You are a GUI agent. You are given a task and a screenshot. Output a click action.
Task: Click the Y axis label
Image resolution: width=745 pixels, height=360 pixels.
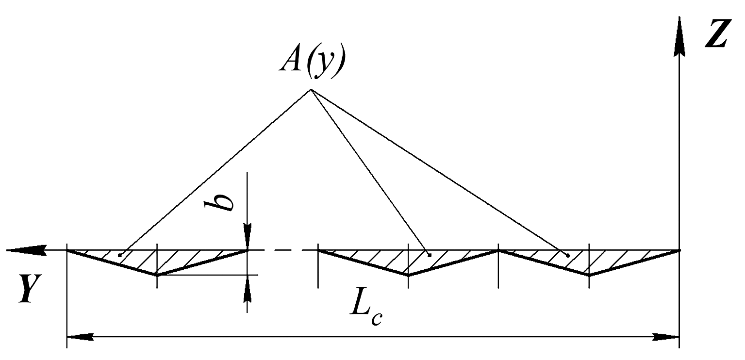click(30, 289)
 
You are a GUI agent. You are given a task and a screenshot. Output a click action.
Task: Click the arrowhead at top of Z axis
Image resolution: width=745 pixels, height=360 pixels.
click(679, 36)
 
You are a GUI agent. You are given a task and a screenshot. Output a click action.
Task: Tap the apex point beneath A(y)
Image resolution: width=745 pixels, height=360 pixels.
click(311, 89)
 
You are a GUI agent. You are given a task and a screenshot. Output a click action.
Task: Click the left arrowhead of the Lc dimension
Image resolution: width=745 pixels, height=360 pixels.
click(80, 337)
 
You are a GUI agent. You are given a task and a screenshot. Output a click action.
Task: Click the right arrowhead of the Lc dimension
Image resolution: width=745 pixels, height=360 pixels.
click(665, 337)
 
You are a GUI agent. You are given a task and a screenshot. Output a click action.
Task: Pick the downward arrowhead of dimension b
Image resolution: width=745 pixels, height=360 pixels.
click(247, 237)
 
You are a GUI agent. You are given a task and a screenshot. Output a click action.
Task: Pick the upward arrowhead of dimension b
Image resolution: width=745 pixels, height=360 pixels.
click(247, 289)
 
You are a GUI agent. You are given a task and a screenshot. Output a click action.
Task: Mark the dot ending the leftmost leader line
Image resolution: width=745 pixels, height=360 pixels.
click(120, 255)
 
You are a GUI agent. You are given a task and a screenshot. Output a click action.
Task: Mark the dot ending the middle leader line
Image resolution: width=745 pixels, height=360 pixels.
click(430, 255)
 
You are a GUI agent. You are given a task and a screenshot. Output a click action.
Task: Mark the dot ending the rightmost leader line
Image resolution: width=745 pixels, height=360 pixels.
click(568, 255)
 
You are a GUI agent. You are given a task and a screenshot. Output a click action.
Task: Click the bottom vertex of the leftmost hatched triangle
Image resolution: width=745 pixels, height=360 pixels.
click(157, 275)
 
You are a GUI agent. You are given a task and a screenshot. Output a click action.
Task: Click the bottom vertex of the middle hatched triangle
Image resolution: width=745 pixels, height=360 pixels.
click(408, 275)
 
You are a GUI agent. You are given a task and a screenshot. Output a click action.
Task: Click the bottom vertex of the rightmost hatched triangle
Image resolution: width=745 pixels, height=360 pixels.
click(589, 275)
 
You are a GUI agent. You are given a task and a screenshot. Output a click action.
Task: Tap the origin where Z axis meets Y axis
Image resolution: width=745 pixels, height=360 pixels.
click(679, 250)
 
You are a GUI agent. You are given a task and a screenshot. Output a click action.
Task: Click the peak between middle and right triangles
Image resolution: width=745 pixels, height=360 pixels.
click(498, 250)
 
